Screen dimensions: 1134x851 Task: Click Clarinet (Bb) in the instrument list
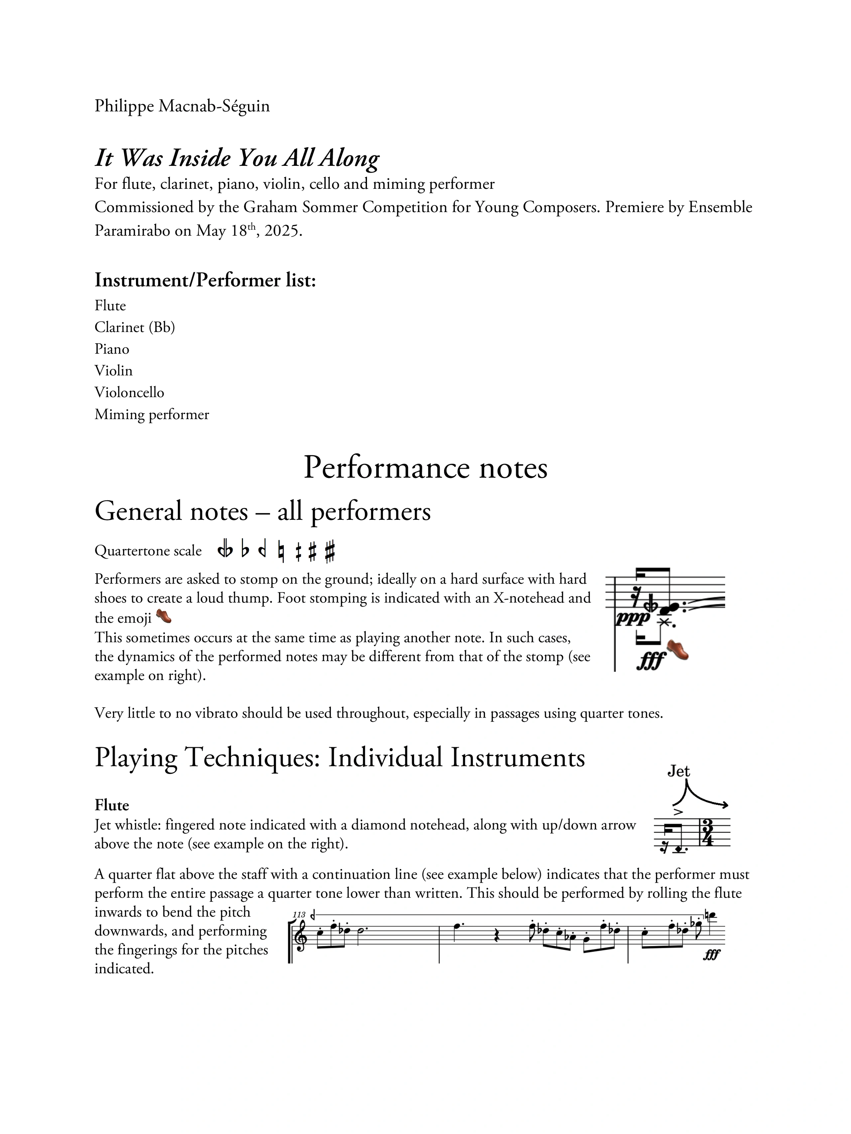coord(134,327)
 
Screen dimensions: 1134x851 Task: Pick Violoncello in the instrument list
coord(129,393)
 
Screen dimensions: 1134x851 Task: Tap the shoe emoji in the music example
coord(678,649)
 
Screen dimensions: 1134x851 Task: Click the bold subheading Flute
coord(111,805)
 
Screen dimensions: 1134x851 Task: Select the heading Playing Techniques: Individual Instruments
coord(339,758)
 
